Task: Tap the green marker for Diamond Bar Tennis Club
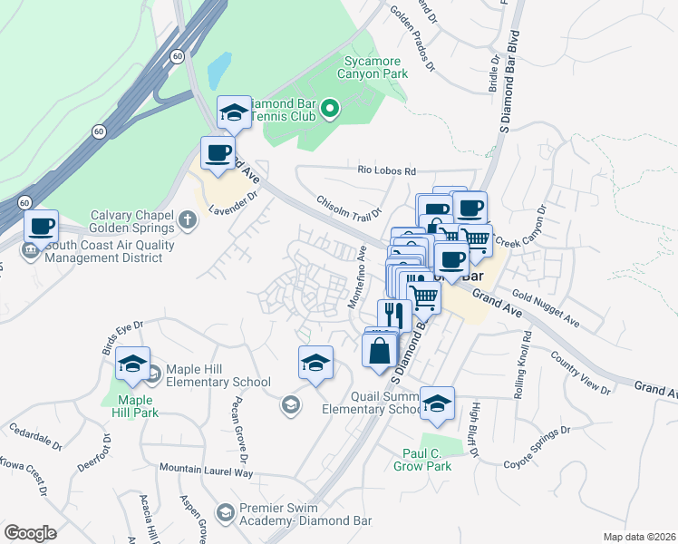tap(330, 110)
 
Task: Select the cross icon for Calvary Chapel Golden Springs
tap(188, 219)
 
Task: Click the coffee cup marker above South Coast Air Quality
tap(41, 227)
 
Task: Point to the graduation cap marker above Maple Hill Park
tap(132, 365)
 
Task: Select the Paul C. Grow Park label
tap(422, 461)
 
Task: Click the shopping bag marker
tap(380, 350)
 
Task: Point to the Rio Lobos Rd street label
tap(386, 170)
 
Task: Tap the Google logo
tap(31, 532)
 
